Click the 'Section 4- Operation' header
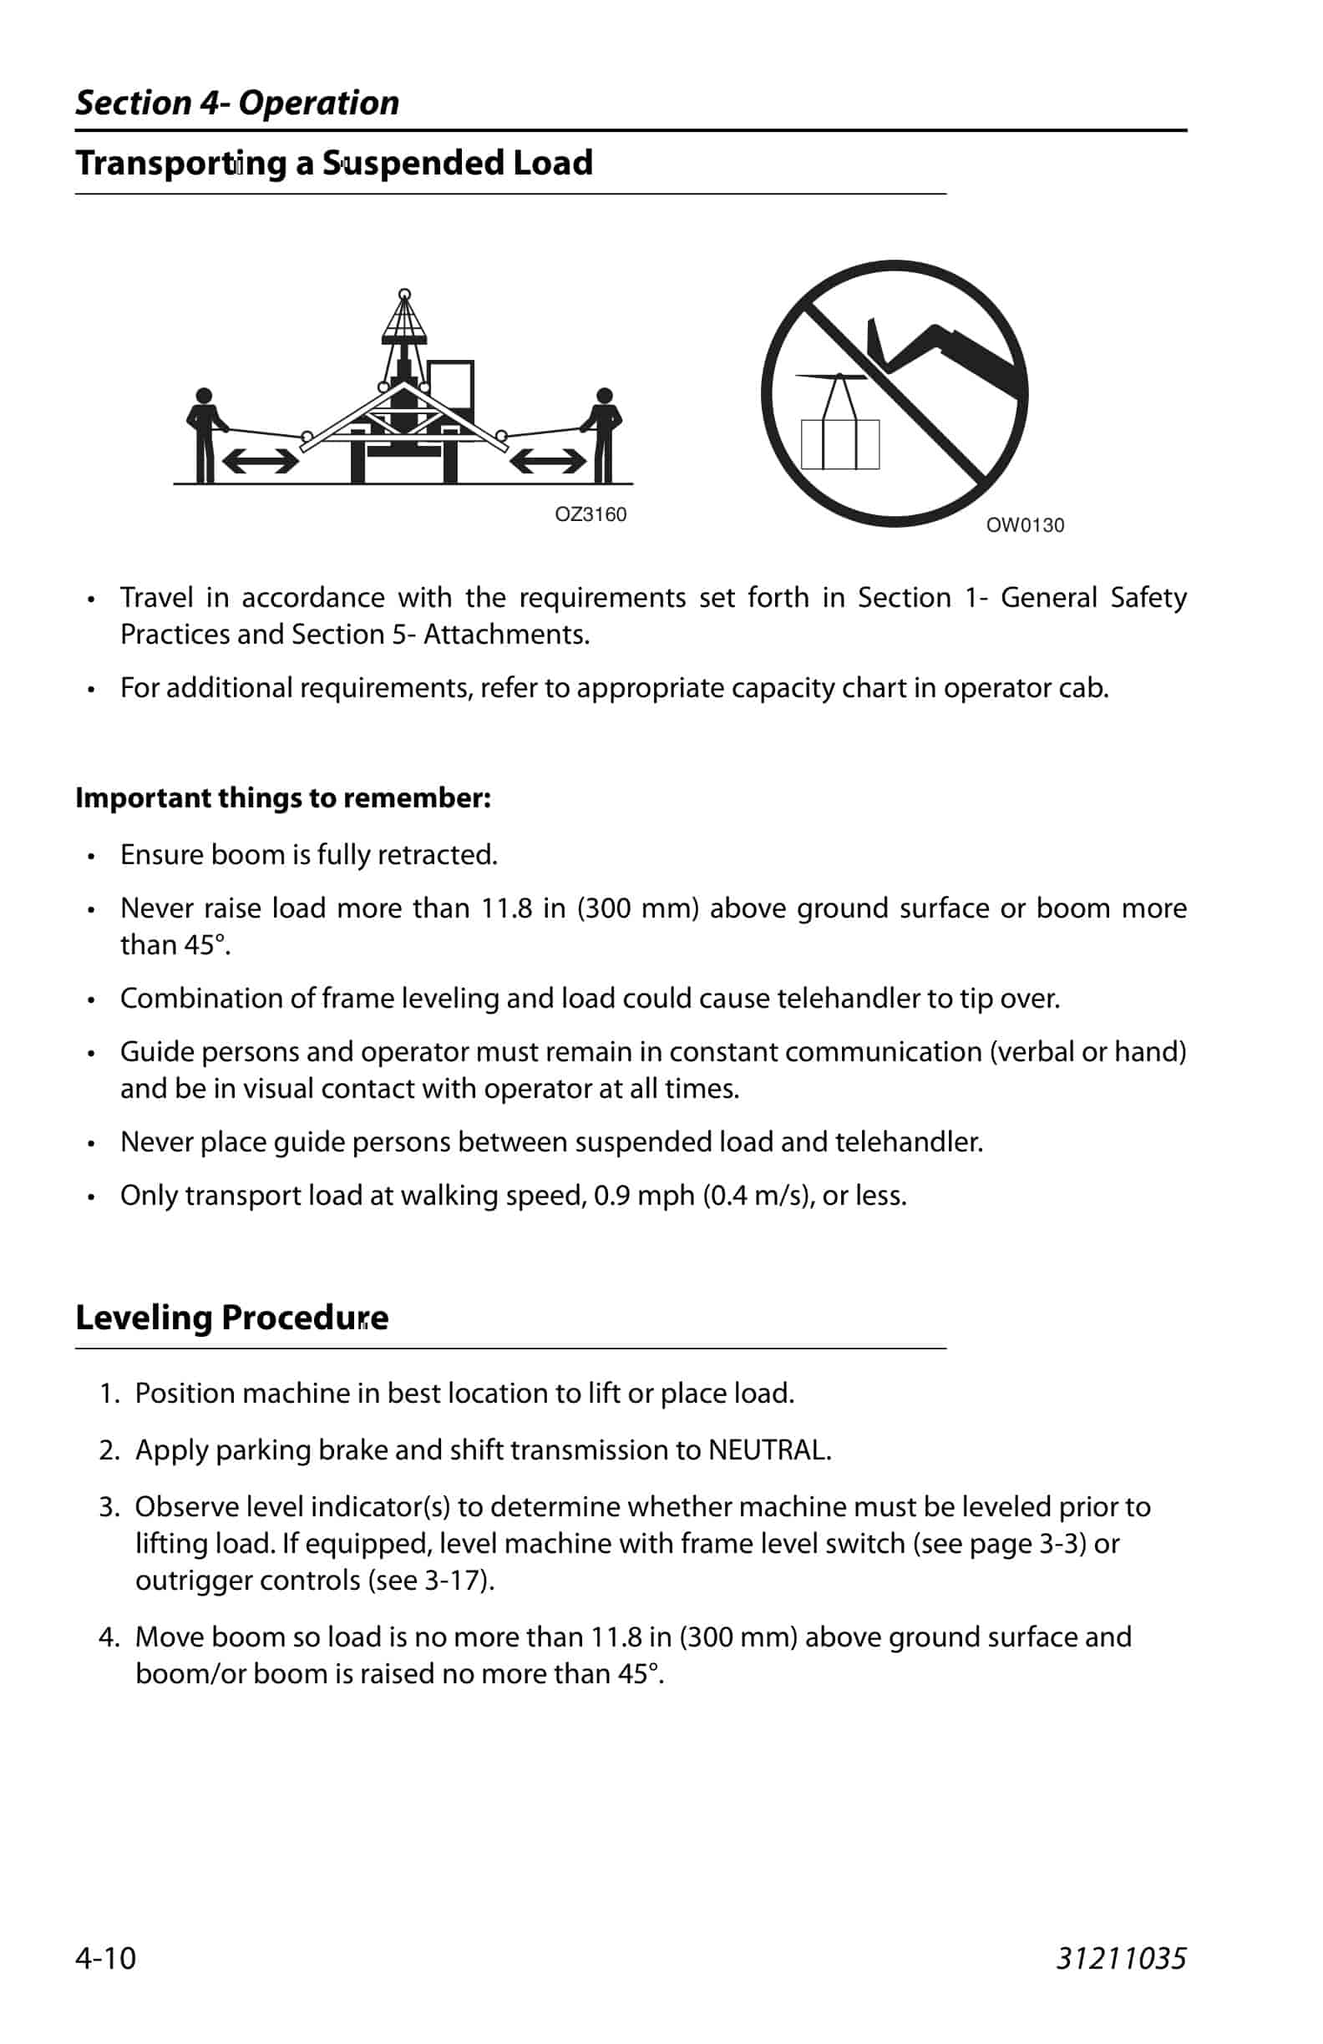click(237, 103)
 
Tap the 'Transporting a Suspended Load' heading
click(334, 163)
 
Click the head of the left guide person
click(204, 396)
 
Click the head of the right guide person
click(604, 396)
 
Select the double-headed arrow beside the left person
click(261, 463)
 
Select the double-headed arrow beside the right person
click(548, 463)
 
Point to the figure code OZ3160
click(591, 514)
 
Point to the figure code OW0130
click(1024, 525)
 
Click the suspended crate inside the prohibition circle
click(839, 443)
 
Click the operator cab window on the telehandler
click(450, 387)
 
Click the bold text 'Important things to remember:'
click(282, 798)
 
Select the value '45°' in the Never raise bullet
click(211, 944)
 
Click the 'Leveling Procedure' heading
click(232, 1318)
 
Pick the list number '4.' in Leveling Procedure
click(109, 1637)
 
